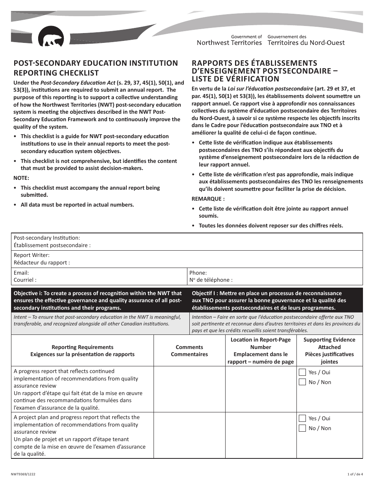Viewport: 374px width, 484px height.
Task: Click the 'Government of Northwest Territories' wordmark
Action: point(229,40)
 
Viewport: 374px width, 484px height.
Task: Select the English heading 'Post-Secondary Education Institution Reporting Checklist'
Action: point(96,68)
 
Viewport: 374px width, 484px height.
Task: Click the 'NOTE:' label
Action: point(22,178)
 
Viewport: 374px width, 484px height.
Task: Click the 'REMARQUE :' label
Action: point(208,199)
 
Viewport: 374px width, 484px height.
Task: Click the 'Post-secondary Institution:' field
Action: point(187,242)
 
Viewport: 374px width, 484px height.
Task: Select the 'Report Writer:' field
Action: point(187,259)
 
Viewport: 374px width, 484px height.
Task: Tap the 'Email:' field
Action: point(99,276)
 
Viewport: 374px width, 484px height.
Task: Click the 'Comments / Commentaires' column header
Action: point(189,351)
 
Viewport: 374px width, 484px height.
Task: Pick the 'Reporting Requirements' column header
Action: point(82,351)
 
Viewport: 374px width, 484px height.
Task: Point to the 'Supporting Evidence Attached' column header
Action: point(329,351)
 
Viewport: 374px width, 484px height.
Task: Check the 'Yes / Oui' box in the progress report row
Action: point(302,372)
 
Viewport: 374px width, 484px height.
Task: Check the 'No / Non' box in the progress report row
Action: point(302,382)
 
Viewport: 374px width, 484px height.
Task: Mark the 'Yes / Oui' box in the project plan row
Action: point(302,418)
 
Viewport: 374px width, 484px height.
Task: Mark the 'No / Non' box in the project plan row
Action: point(302,428)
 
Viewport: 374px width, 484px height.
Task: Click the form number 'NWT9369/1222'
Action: point(25,475)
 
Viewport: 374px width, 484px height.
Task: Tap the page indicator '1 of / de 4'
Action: point(355,475)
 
